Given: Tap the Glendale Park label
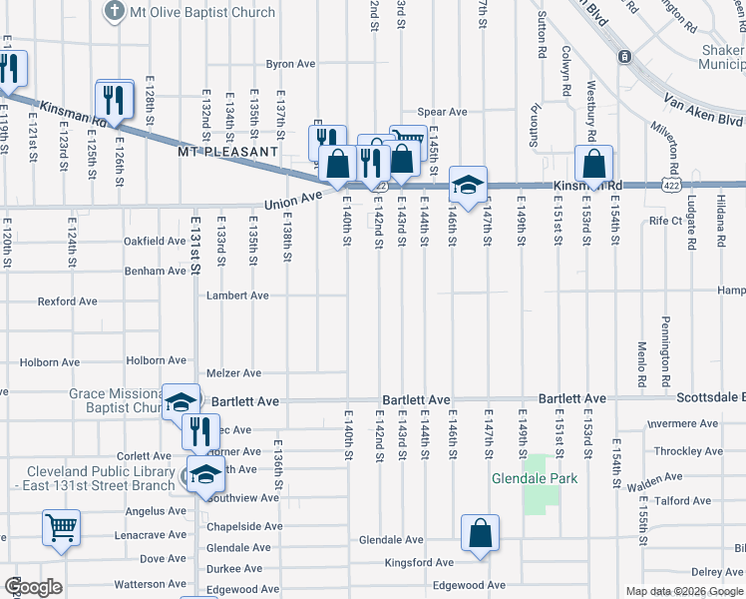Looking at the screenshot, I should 534,478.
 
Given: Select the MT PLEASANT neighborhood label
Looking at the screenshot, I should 227,152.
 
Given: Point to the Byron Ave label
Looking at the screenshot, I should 290,64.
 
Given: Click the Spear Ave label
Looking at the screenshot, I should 443,112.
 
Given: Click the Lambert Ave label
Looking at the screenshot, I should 237,296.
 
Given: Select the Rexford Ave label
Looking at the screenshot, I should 64,300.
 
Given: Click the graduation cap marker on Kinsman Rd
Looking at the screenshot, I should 467,184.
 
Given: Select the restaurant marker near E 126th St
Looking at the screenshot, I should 115,99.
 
